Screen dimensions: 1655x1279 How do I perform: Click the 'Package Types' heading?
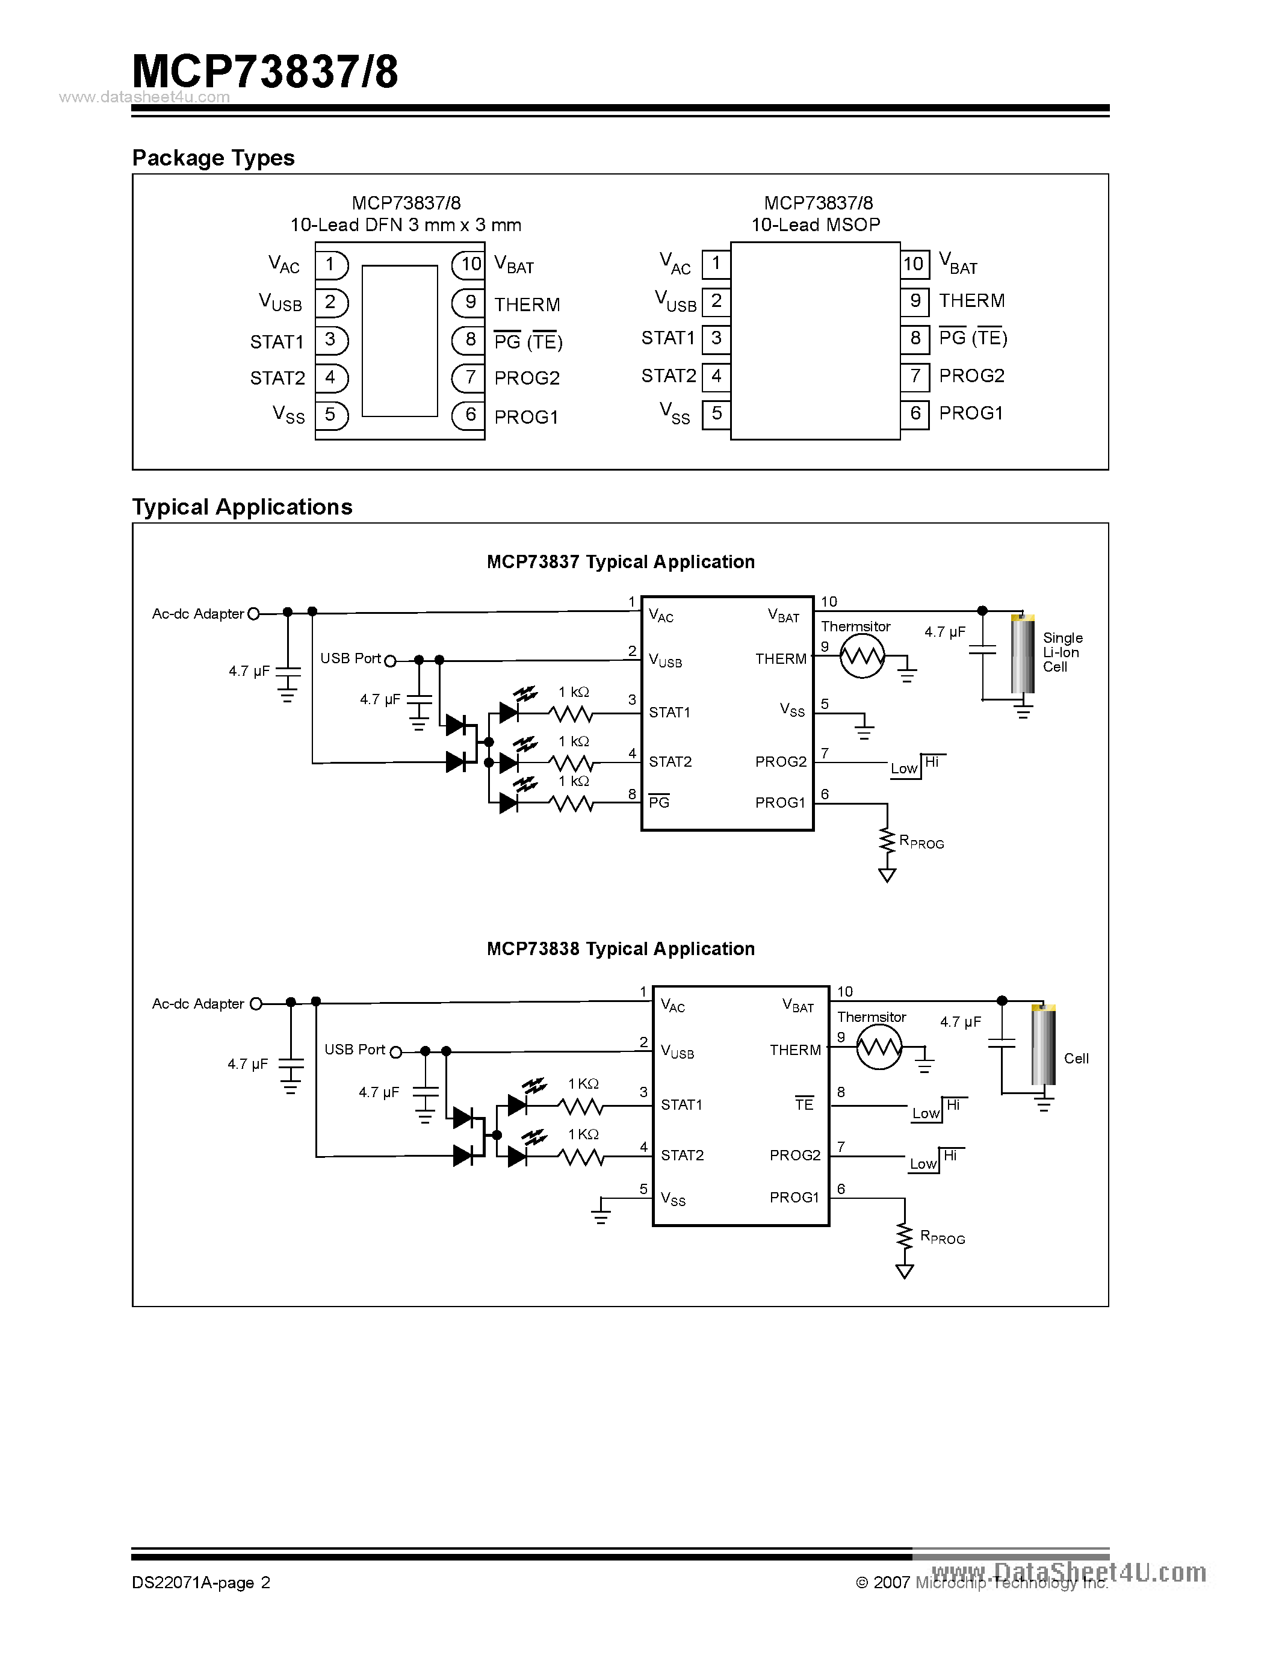coord(213,158)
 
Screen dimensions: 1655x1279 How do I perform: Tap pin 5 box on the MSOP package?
coord(716,414)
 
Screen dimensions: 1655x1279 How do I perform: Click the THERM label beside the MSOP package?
coord(971,301)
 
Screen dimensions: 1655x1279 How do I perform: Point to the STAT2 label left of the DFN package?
coord(277,378)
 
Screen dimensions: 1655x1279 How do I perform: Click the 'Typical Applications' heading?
coord(242,507)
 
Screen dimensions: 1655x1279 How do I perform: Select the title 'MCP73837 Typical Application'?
coord(620,561)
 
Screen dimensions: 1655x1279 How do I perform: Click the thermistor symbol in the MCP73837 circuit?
coord(861,656)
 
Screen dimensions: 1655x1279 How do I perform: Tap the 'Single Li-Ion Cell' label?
coord(1062,652)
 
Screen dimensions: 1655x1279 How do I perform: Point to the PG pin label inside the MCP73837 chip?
coord(659,802)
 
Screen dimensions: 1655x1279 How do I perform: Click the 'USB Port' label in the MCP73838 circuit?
coord(355,1050)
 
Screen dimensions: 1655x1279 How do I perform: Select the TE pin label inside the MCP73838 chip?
coord(804,1105)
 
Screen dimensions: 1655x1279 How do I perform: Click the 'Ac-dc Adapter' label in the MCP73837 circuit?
coord(198,614)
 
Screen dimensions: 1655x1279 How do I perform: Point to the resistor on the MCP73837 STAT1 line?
coord(571,713)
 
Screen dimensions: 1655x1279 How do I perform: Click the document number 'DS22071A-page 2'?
coord(201,1582)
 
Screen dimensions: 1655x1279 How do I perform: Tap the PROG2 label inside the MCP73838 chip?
coord(795,1155)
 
